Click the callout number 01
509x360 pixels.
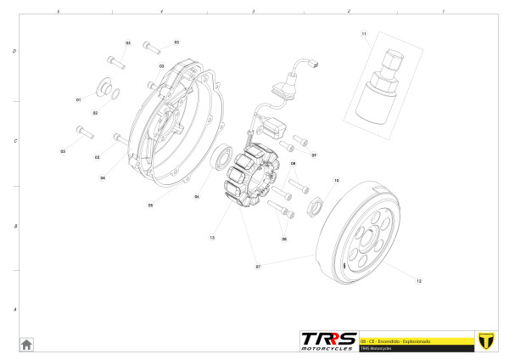pos(78,99)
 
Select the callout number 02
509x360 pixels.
pos(95,113)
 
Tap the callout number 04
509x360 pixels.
pos(103,177)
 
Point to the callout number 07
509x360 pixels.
pos(257,266)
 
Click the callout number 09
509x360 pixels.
pos(314,155)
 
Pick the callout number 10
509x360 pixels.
pos(336,181)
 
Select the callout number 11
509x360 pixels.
pos(364,34)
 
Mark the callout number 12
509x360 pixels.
pos(418,279)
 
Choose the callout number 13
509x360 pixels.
pos(212,238)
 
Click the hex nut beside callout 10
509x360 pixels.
pos(316,204)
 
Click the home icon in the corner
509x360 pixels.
pos(26,344)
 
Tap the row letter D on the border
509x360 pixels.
pos(14,51)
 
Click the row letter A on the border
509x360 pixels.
pos(14,310)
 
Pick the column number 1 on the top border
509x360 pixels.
pos(443,11)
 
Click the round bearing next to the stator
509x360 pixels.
pos(223,158)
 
